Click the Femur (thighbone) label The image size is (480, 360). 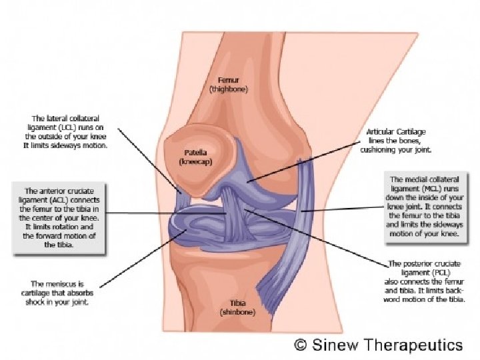tap(228, 83)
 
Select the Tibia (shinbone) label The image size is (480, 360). tap(229, 307)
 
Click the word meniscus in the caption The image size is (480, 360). tap(75, 283)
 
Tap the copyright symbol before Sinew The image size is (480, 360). tap(301, 345)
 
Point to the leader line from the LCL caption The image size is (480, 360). tap(150, 160)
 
